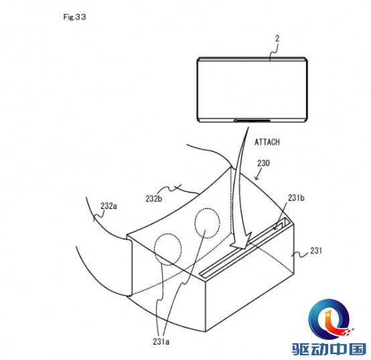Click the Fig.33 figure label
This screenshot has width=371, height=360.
coord(74,17)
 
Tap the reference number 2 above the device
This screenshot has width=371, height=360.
coord(277,39)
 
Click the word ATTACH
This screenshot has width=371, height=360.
coord(267,142)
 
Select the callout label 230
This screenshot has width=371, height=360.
coord(264,163)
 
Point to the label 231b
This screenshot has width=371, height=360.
coord(296,198)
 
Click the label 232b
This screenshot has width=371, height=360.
coord(154,199)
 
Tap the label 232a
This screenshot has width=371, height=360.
coord(108,206)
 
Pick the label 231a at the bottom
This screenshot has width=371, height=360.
coord(161,341)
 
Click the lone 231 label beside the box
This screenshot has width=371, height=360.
coord(316,251)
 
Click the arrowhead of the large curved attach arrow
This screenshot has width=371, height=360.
coord(241,242)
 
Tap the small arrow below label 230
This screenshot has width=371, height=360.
coord(258,175)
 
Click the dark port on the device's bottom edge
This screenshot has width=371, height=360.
coord(252,120)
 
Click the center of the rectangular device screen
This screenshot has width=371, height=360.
coord(252,90)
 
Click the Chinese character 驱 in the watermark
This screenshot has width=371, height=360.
coord(301,349)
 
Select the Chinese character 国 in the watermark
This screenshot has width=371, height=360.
coord(358,349)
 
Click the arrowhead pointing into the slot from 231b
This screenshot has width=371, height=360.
coord(275,228)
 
